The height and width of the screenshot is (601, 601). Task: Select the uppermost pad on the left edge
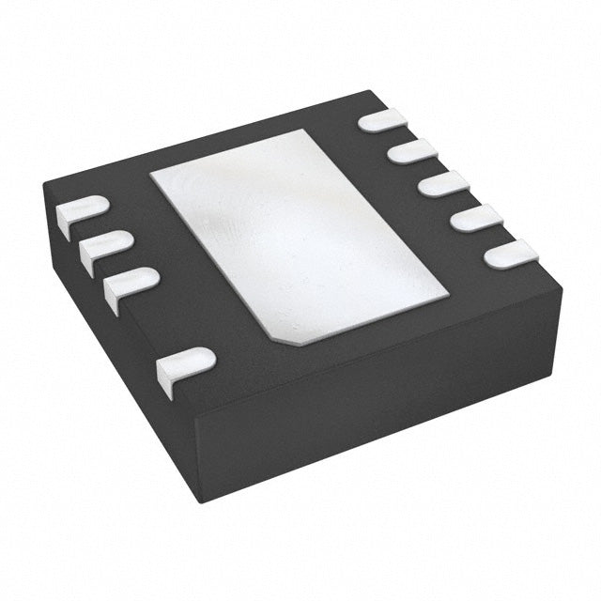pyautogui.click(x=83, y=210)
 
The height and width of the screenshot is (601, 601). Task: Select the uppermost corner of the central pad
pyautogui.click(x=302, y=131)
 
